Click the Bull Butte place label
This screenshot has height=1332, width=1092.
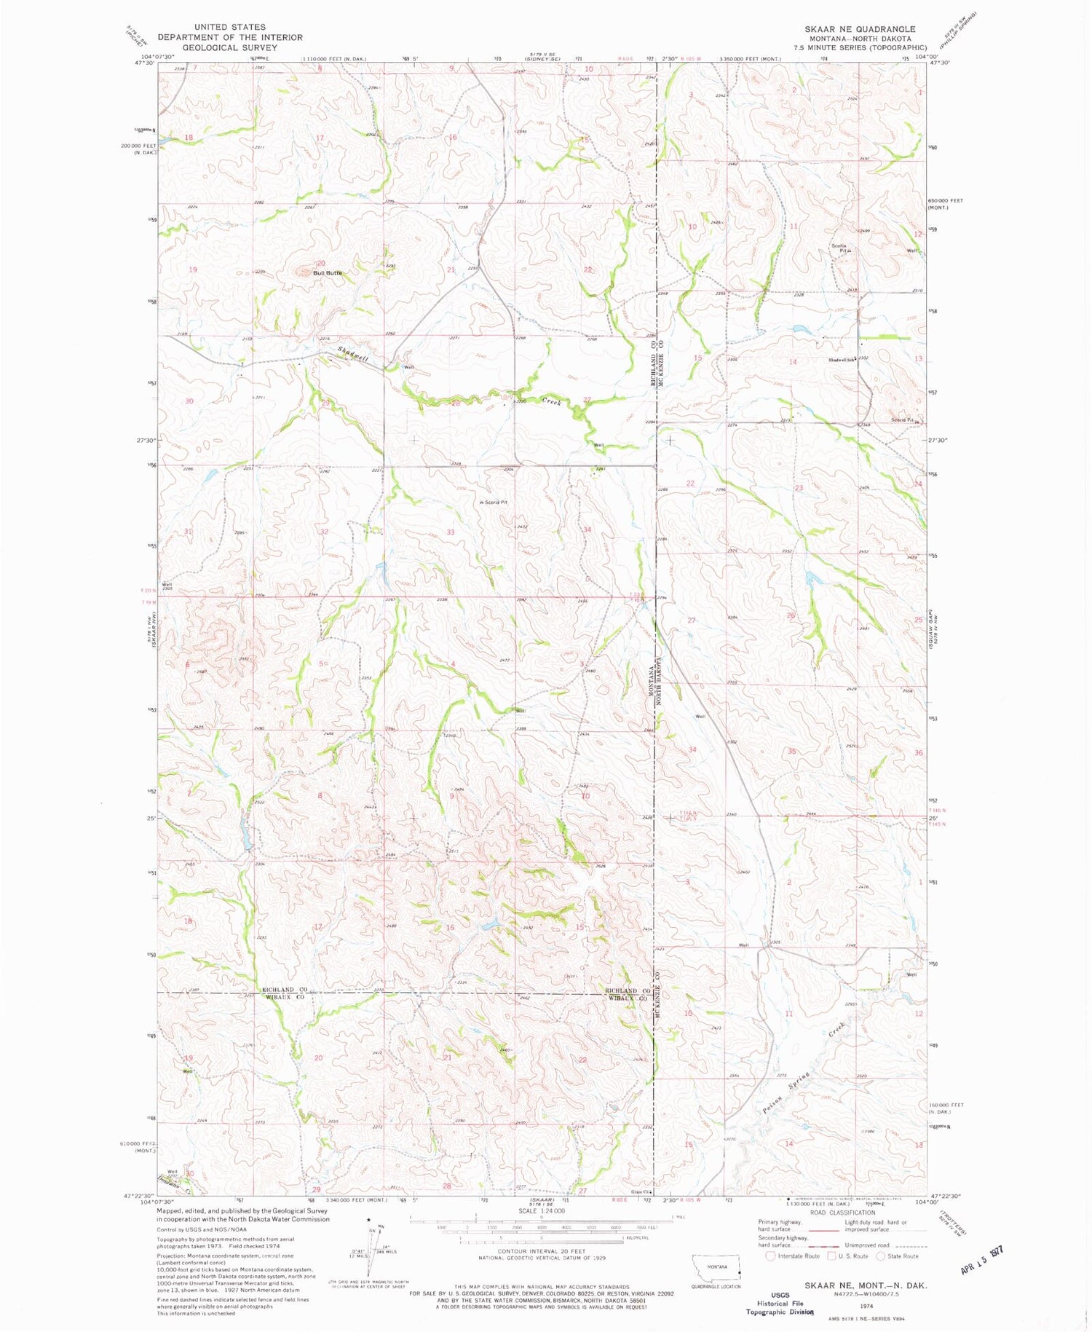pyautogui.click(x=327, y=273)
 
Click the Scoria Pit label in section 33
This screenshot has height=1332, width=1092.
pyautogui.click(x=495, y=503)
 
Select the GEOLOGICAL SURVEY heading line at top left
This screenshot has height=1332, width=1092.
pyautogui.click(x=229, y=47)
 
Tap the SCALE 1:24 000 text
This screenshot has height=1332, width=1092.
pyautogui.click(x=542, y=1211)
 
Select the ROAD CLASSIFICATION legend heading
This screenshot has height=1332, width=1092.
pyautogui.click(x=842, y=1213)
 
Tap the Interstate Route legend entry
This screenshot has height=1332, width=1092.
pyautogui.click(x=794, y=1256)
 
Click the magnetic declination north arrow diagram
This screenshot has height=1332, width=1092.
pyautogui.click(x=375, y=1245)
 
